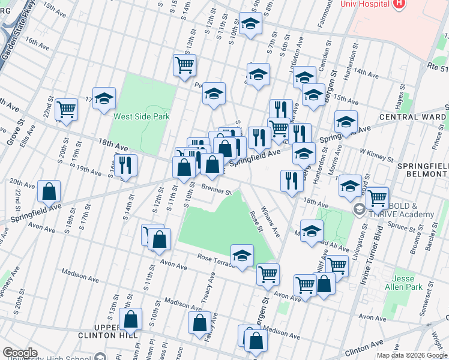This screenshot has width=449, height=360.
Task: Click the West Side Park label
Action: point(142,116)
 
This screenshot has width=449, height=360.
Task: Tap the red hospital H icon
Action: point(399,4)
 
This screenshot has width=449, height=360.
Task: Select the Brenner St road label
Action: point(216,190)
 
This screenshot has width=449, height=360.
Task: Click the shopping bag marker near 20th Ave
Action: point(49,192)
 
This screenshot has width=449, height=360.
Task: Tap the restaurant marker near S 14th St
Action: point(125,165)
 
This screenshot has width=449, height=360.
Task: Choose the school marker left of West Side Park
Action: point(104,100)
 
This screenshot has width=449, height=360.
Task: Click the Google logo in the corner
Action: point(20,353)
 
